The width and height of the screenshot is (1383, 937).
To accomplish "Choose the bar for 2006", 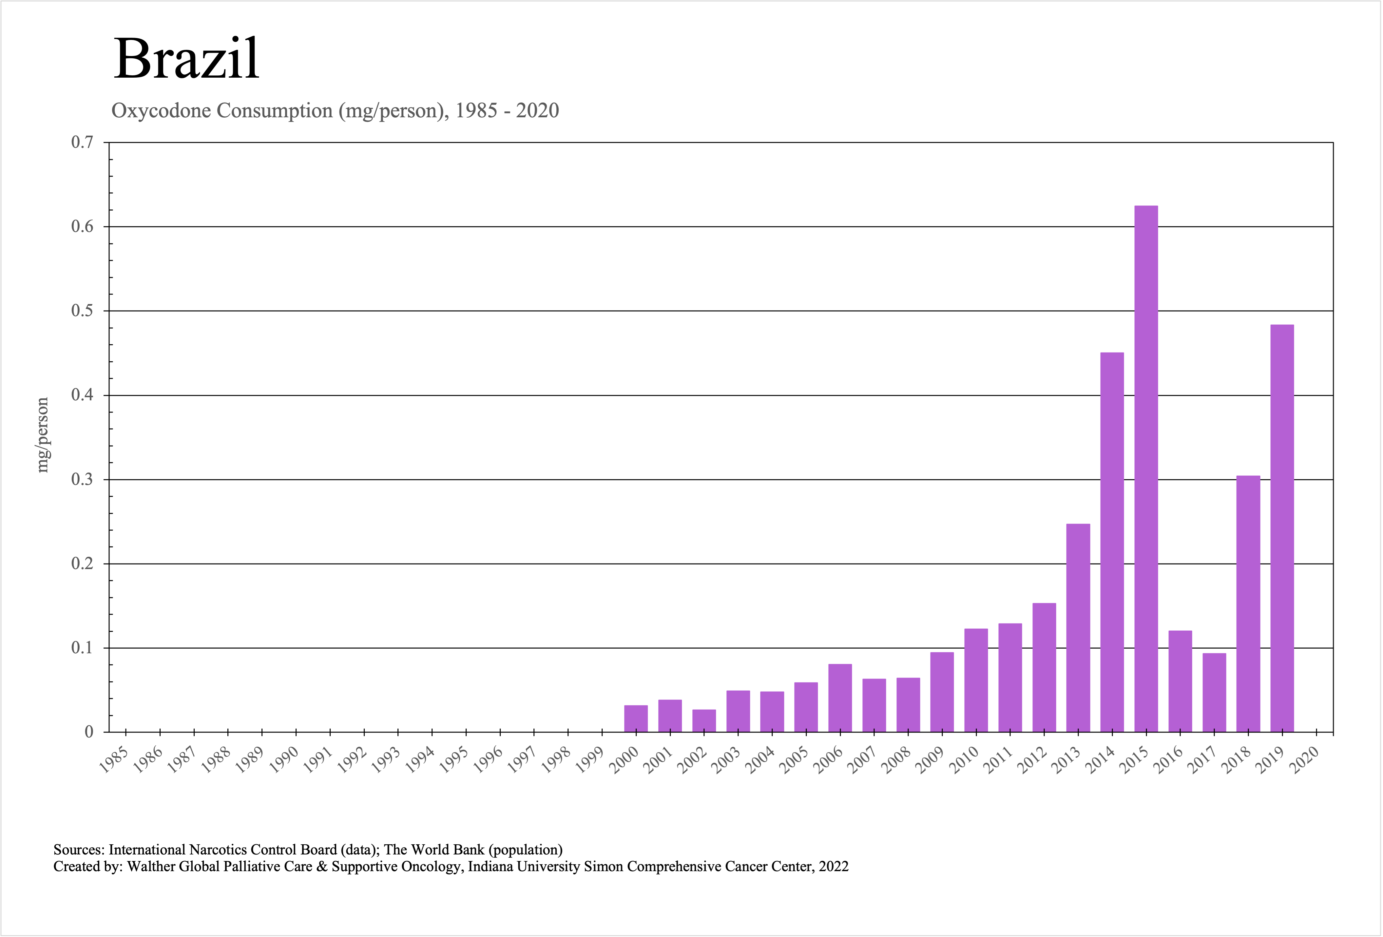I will click(x=840, y=698).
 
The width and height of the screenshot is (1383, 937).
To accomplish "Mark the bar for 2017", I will click(x=1214, y=693).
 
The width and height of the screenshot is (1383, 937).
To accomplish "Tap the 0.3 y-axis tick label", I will click(x=82, y=480).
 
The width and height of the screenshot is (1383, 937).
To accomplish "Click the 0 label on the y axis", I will click(x=89, y=732).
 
